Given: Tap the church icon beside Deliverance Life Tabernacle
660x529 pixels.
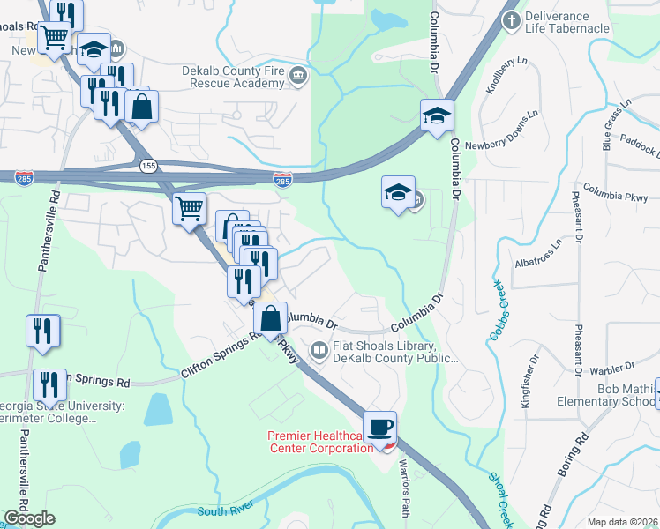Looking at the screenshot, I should [511, 19].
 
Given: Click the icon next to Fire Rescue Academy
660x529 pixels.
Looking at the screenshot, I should [297, 78].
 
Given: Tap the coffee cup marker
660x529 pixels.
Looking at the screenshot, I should [379, 428].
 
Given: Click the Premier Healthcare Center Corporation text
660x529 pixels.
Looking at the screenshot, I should [320, 442].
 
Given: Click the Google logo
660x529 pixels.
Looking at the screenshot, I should [29, 518].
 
